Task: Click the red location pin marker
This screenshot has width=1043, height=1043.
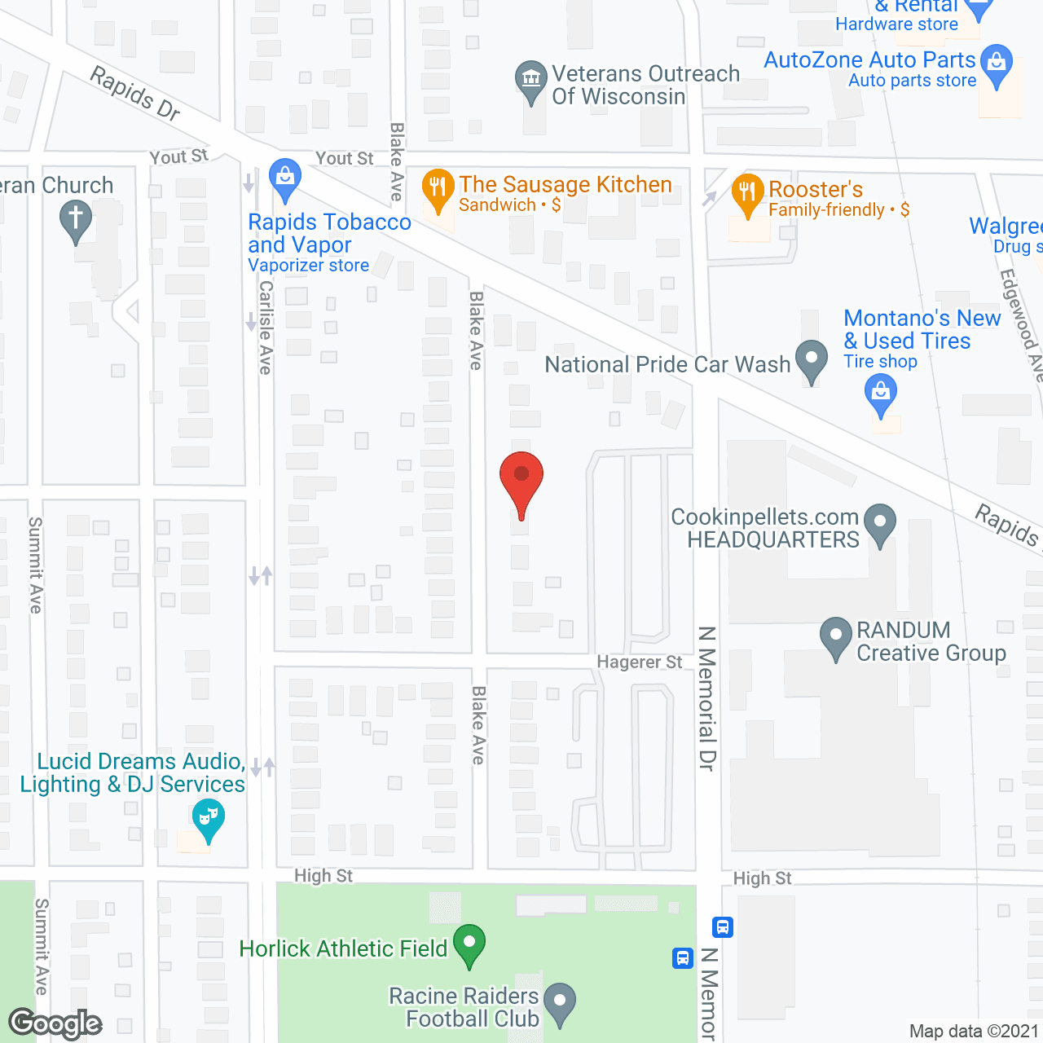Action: pos(521,481)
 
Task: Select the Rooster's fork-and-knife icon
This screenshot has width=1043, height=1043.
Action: pos(747,193)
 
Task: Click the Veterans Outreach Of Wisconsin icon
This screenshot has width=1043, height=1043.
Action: pos(531,80)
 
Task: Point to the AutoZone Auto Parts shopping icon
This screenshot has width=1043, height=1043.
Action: pos(996,63)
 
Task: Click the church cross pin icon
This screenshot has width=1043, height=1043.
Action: pos(76,220)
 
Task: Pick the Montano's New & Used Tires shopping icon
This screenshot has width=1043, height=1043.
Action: pos(881,393)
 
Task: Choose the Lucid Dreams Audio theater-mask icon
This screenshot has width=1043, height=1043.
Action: pos(209,816)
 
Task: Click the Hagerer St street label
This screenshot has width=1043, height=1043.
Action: pos(640,662)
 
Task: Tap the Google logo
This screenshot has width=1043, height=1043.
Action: pos(55,1023)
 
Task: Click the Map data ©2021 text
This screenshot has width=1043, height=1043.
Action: pos(974,1032)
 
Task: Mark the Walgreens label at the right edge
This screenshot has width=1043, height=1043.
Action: pos(1006,227)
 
